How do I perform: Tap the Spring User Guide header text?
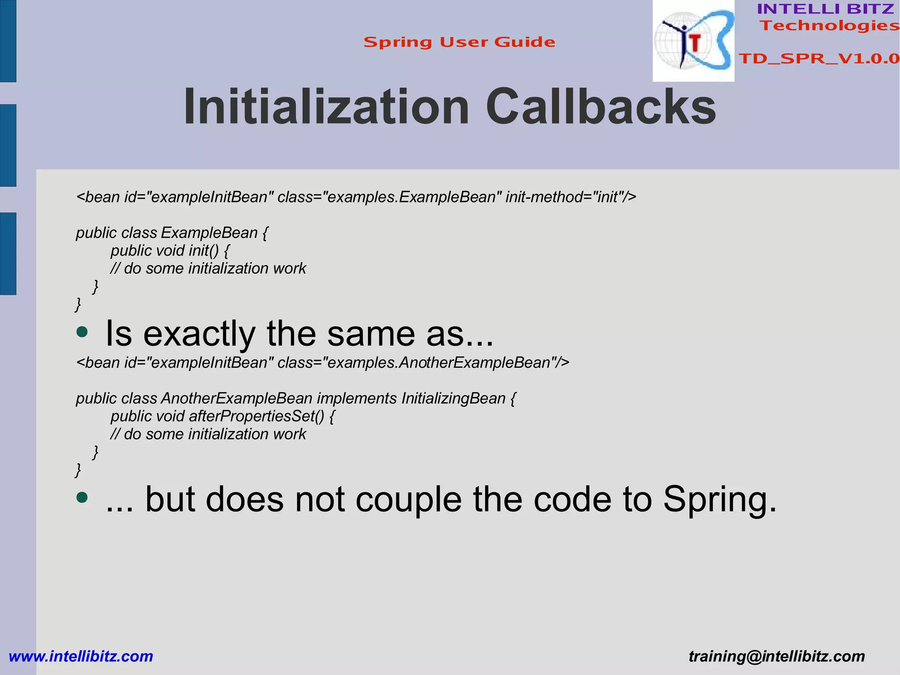click(459, 42)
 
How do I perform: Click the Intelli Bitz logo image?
click(693, 41)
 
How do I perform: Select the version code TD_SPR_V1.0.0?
click(819, 58)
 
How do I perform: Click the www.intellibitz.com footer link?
click(81, 656)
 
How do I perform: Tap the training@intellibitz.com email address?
click(777, 656)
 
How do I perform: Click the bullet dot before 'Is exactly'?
click(82, 332)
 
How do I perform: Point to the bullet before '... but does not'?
click(82, 498)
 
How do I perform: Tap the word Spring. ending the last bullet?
click(719, 500)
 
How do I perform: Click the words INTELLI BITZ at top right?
click(825, 9)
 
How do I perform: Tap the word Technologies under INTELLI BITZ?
click(830, 26)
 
